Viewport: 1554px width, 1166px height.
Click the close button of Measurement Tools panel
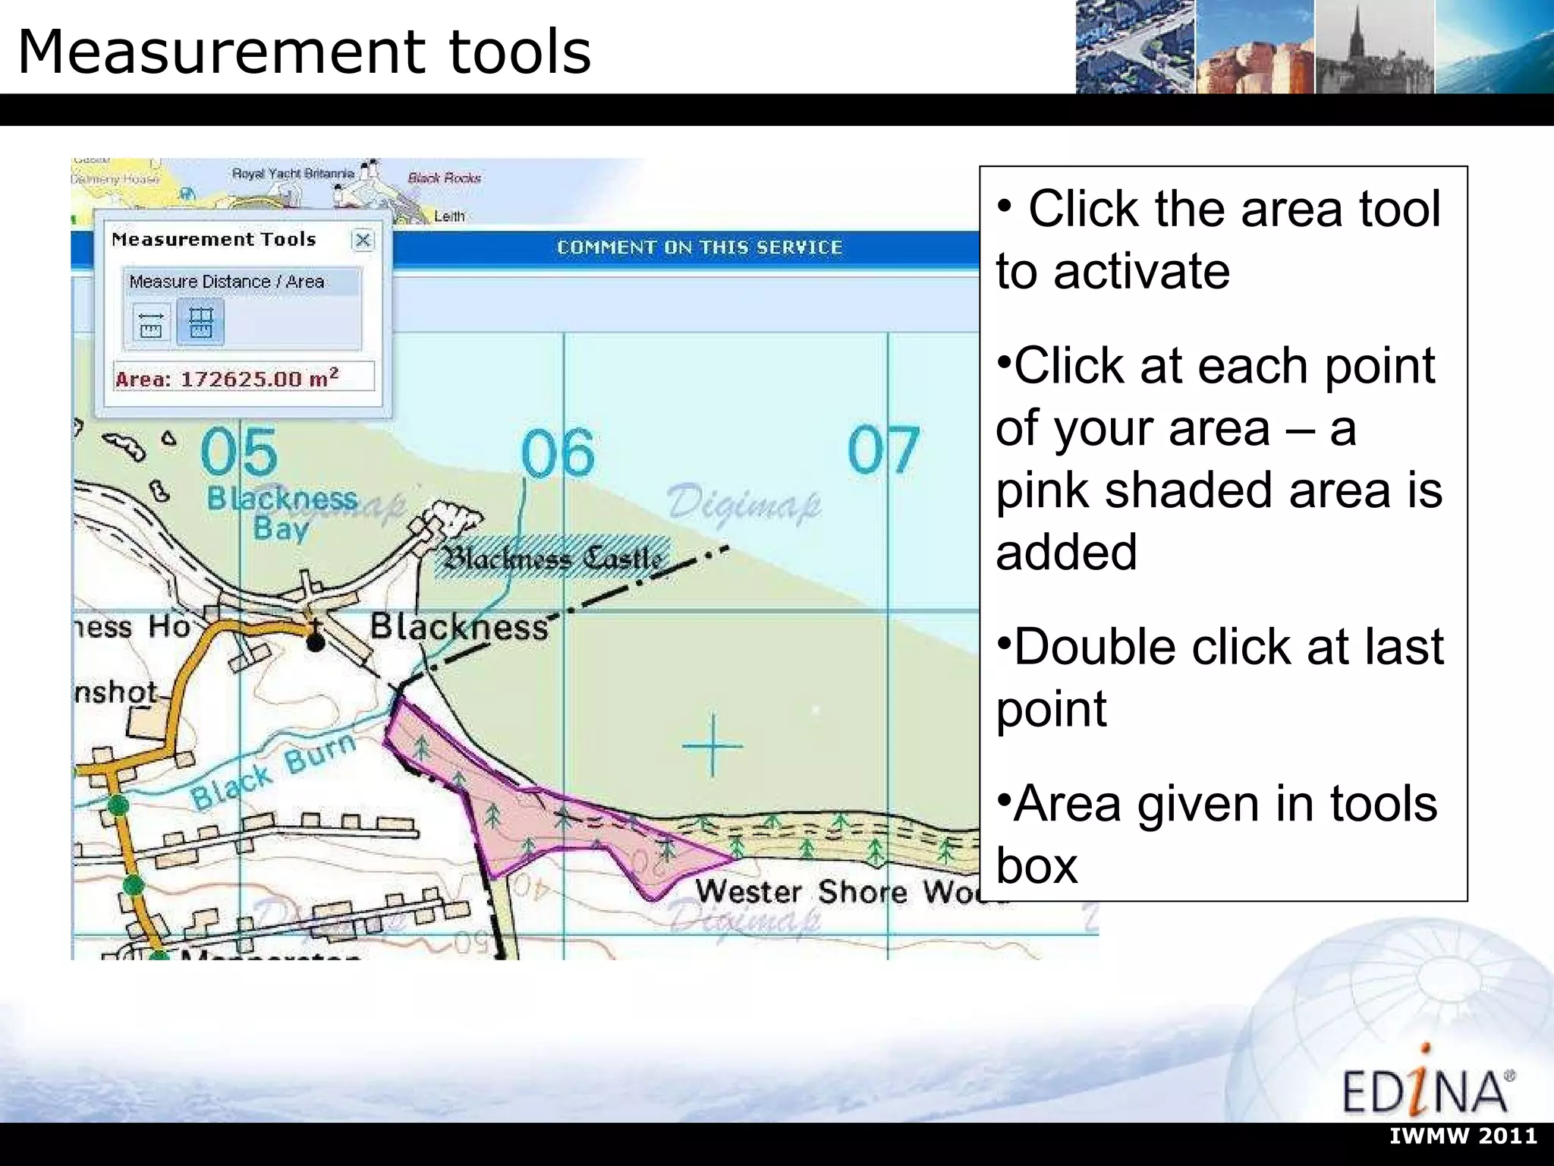tap(363, 241)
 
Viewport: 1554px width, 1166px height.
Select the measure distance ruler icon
tap(151, 323)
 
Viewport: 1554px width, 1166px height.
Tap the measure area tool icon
tap(200, 323)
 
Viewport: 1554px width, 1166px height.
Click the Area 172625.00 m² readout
tap(243, 377)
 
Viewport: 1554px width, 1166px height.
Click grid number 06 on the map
tap(558, 453)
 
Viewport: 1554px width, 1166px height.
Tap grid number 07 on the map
tap(882, 450)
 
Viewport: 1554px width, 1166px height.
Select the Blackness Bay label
tap(282, 512)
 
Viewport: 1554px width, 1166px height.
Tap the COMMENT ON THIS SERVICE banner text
tap(700, 247)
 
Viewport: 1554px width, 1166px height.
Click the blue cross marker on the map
tap(713, 745)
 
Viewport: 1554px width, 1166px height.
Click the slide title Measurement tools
tap(304, 52)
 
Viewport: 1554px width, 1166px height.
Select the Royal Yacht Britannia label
tap(293, 174)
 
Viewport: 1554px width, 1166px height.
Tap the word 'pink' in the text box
tap(1043, 490)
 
